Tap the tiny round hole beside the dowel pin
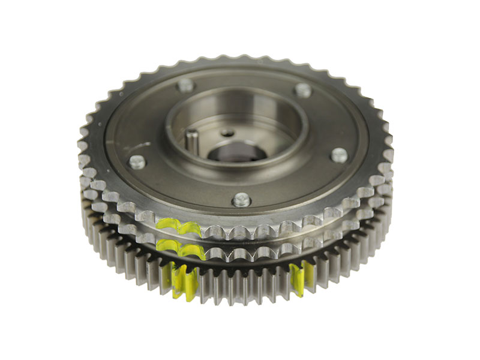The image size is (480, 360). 226,133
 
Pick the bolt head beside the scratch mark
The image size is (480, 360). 137,161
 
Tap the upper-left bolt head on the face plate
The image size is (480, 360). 185,85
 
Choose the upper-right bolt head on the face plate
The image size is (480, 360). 304,90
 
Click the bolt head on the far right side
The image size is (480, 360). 339,155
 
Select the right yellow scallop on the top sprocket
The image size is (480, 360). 190,229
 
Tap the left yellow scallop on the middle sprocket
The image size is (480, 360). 169,245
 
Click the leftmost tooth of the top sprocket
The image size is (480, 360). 82,146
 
